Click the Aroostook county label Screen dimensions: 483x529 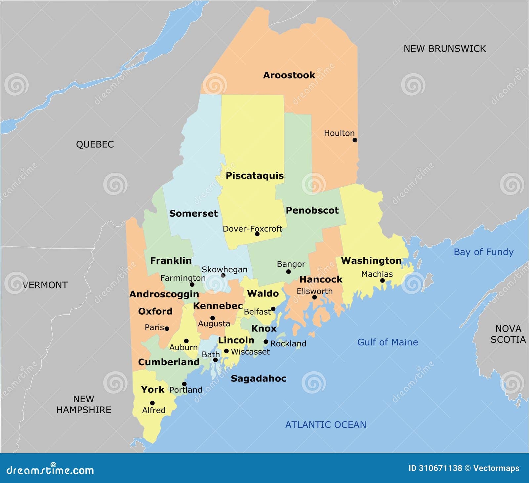[289, 75]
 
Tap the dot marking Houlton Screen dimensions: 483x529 [355, 140]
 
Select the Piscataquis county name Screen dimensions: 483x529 [255, 175]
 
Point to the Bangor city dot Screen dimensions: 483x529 [288, 272]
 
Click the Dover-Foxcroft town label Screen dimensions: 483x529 [252, 229]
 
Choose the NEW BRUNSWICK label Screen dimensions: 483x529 [445, 49]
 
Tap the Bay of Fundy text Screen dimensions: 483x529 [483, 252]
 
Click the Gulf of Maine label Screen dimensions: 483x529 [387, 342]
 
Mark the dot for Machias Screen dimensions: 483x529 [382, 281]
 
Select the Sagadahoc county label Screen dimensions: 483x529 [259, 378]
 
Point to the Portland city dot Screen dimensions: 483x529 [184, 384]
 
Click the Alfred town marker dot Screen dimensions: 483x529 [152, 403]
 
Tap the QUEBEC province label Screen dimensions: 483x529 [95, 144]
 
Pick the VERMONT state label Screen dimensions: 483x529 [45, 285]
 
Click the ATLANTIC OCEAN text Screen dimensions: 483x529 [326, 424]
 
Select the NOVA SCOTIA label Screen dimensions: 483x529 [508, 334]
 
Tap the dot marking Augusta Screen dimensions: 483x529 [213, 318]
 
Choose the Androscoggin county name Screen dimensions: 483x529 [164, 294]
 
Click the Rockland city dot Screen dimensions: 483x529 [266, 342]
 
